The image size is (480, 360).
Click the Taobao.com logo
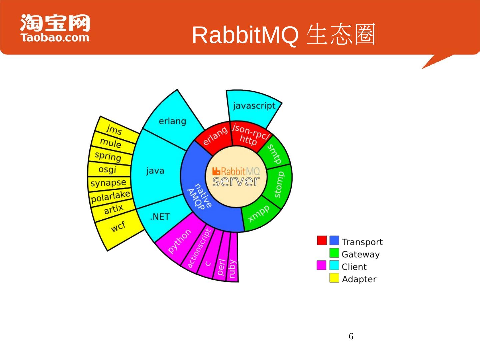pos(55,28)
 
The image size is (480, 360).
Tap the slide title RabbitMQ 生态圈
pos(284,35)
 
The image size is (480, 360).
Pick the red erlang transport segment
pos(215,136)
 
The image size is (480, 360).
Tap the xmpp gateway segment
pos(259,213)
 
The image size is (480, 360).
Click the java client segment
pos(155,171)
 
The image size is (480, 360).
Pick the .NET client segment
pos(160,217)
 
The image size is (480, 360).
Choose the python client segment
pos(179,241)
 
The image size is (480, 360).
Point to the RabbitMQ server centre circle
pos(236,177)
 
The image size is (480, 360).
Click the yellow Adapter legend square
pos(334,278)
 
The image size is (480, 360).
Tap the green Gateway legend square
pos(334,253)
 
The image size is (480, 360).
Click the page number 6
pos(351,337)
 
